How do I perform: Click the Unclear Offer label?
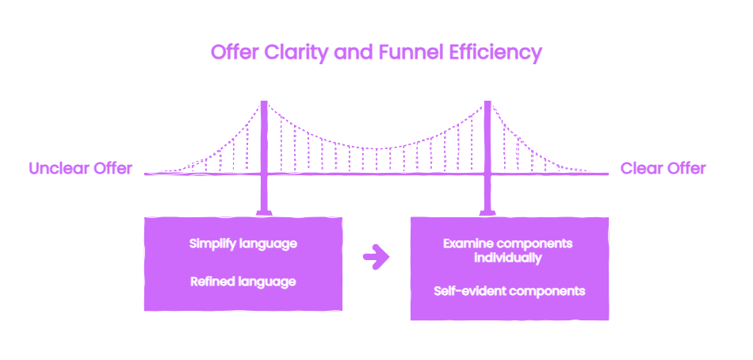[80, 168]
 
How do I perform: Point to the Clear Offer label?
[663, 168]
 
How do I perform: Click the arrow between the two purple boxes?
[376, 257]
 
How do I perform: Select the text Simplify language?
[243, 244]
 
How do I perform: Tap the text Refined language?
[243, 281]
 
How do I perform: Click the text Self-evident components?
[510, 291]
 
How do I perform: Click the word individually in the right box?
[508, 258]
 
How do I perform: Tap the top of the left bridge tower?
[264, 102]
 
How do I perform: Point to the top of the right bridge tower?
[487, 102]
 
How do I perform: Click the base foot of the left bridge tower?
[264, 213]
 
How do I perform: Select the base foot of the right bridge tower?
[487, 213]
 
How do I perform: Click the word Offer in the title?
[235, 52]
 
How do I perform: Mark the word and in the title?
[353, 52]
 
